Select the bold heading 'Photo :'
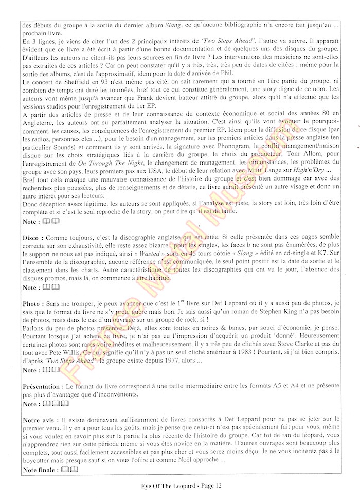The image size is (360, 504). point(34,304)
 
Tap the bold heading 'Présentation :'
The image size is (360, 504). point(43,386)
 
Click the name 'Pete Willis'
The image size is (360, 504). point(55,352)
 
